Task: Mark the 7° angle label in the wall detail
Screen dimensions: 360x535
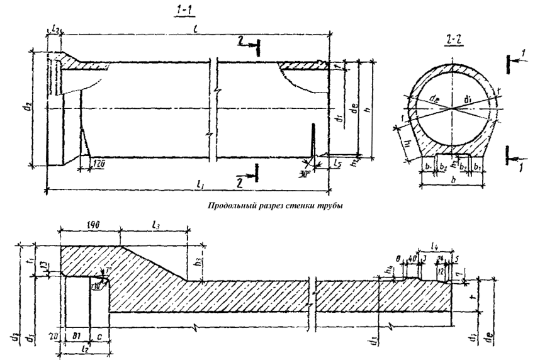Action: [108, 270]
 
